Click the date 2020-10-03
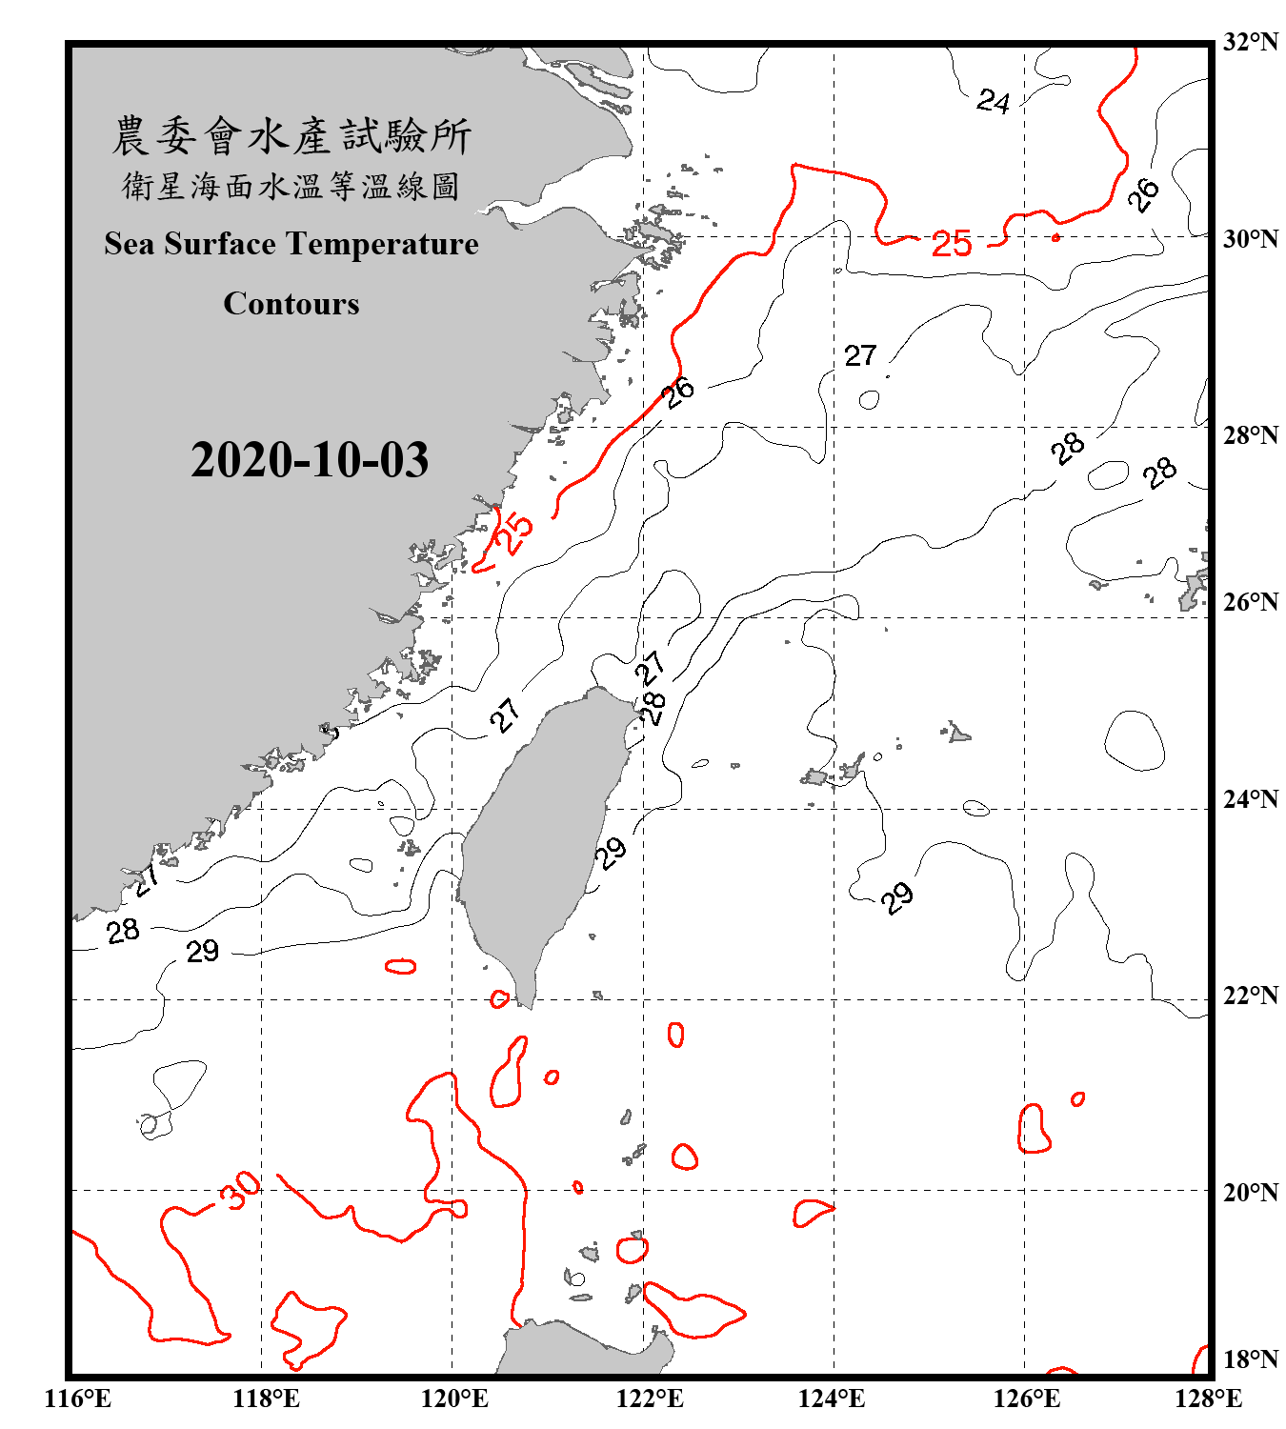pyautogui.click(x=310, y=460)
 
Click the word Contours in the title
pyautogui.click(x=291, y=304)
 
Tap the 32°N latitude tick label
pyautogui.click(x=1250, y=42)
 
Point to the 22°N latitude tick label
pyautogui.click(x=1250, y=996)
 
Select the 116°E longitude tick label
pyautogui.click(x=78, y=1399)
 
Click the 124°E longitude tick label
pyautogui.click(x=832, y=1399)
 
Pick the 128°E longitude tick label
pyautogui.click(x=1208, y=1399)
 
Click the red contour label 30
pyautogui.click(x=239, y=1190)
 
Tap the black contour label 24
pyautogui.click(x=993, y=101)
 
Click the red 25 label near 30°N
pyautogui.click(x=951, y=245)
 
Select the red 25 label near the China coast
pyautogui.click(x=515, y=533)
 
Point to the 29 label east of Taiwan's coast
pyautogui.click(x=611, y=852)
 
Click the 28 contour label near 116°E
pyautogui.click(x=123, y=931)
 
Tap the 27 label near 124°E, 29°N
pyautogui.click(x=859, y=355)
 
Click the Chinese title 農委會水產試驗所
pyautogui.click(x=291, y=135)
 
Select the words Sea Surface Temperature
pyautogui.click(x=291, y=244)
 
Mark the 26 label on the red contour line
pyautogui.click(x=679, y=391)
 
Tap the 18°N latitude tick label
pyautogui.click(x=1250, y=1359)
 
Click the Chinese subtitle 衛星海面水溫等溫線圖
pyautogui.click(x=291, y=186)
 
